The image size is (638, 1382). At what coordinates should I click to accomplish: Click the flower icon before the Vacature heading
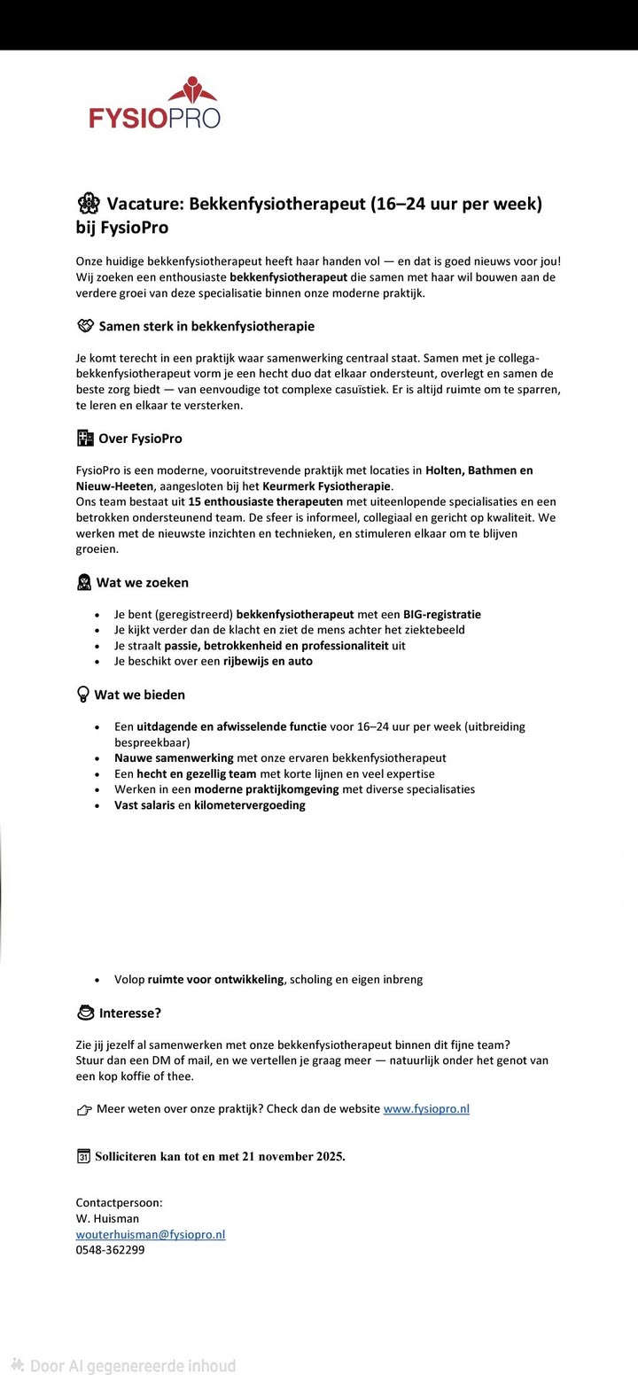tap(88, 204)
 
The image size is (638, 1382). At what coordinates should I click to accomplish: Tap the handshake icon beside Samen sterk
tap(85, 326)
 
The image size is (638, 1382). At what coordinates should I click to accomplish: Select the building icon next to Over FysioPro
tap(85, 438)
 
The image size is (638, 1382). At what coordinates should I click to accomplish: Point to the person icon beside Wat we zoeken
tap(84, 582)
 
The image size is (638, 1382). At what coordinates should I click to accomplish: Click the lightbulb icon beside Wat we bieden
tap(83, 695)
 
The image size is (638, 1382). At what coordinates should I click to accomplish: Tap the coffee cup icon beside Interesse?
tap(86, 1013)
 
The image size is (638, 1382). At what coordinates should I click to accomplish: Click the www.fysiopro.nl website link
tap(426, 1108)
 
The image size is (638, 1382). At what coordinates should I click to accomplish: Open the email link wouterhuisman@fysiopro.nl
tap(151, 1234)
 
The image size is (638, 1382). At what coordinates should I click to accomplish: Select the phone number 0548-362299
tap(110, 1250)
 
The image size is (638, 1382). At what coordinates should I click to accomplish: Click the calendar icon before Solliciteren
tap(83, 1156)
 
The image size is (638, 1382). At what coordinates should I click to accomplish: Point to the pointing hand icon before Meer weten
tap(84, 1109)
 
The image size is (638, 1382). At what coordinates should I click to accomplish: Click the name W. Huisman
tap(107, 1218)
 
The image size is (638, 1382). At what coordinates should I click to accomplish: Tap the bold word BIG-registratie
tap(442, 614)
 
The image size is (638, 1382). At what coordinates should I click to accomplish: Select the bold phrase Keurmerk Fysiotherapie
tap(326, 485)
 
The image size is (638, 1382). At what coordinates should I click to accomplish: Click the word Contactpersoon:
tap(119, 1202)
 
